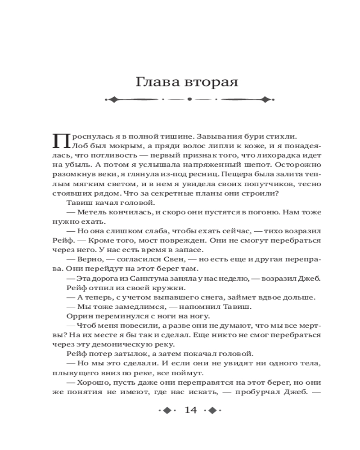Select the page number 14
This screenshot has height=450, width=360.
(191, 410)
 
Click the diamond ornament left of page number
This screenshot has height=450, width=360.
(166, 410)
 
